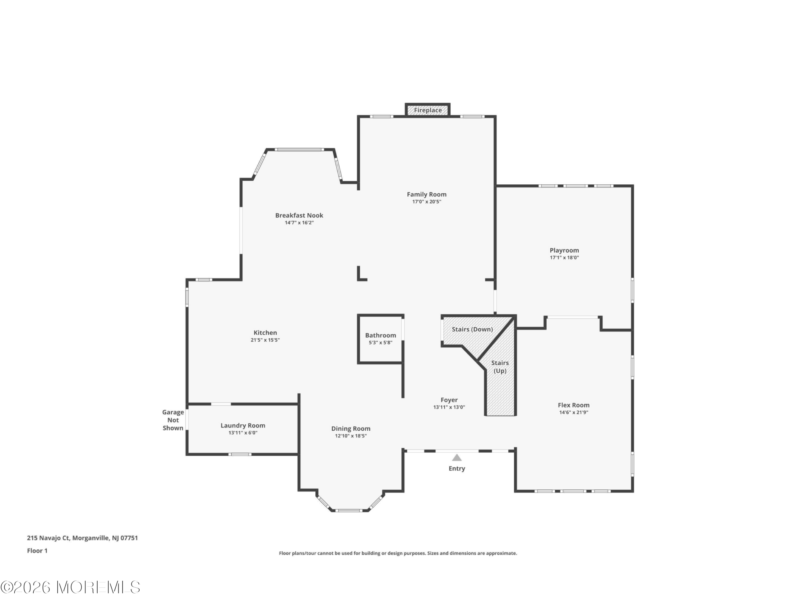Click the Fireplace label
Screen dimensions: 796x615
pyautogui.click(x=428, y=110)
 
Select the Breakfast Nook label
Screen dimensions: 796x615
pyautogui.click(x=299, y=215)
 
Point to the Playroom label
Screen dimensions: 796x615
pyautogui.click(x=564, y=251)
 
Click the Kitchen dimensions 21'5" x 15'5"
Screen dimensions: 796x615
pyautogui.click(x=265, y=340)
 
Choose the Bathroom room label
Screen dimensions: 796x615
pyautogui.click(x=381, y=335)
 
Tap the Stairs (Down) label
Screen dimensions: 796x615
pyautogui.click(x=472, y=329)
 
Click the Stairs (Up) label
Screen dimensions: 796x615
pyautogui.click(x=500, y=367)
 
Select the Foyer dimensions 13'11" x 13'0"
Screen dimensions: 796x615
pyautogui.click(x=449, y=407)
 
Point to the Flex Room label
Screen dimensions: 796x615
pyautogui.click(x=574, y=405)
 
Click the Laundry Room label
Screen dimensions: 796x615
pyautogui.click(x=243, y=425)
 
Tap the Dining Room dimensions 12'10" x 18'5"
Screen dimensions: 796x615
pyautogui.click(x=351, y=436)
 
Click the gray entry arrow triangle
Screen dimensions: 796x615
pyautogui.click(x=457, y=458)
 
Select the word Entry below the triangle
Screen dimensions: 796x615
pyautogui.click(x=457, y=469)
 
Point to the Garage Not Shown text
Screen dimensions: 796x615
pyautogui.click(x=173, y=420)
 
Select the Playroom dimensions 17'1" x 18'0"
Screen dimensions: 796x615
pyautogui.click(x=564, y=257)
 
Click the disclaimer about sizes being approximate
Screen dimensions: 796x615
pyautogui.click(x=398, y=553)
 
